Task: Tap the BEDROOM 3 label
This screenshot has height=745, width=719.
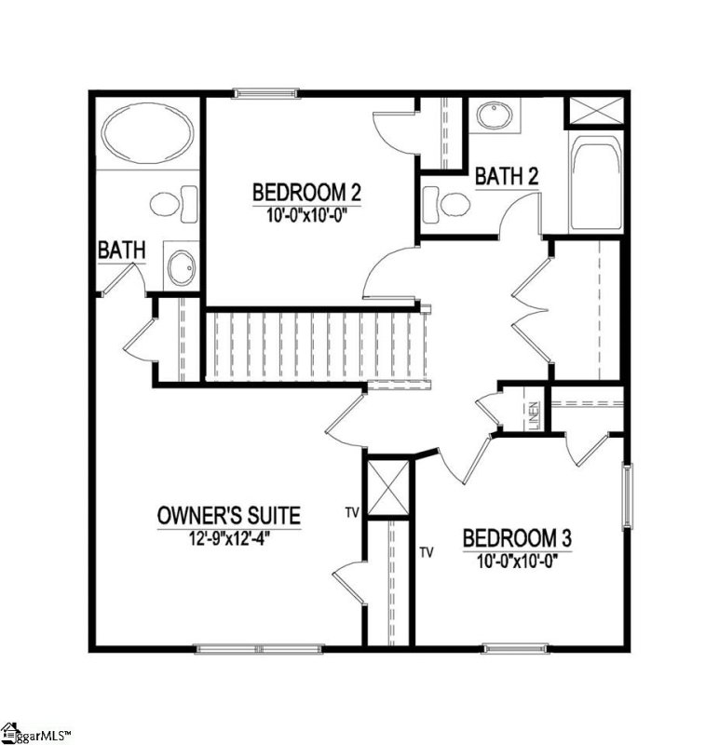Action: [517, 538]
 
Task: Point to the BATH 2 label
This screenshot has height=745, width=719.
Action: [508, 175]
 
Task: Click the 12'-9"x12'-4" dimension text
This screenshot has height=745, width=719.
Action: [228, 535]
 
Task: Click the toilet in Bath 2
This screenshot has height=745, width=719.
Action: [443, 202]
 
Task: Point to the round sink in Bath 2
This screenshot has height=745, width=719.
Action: [490, 116]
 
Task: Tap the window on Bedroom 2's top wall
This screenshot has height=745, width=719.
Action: [265, 92]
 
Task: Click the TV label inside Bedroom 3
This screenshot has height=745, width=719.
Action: [427, 552]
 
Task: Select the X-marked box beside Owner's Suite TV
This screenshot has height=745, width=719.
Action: [387, 487]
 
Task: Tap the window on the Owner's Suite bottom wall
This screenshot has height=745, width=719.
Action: [228, 648]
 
